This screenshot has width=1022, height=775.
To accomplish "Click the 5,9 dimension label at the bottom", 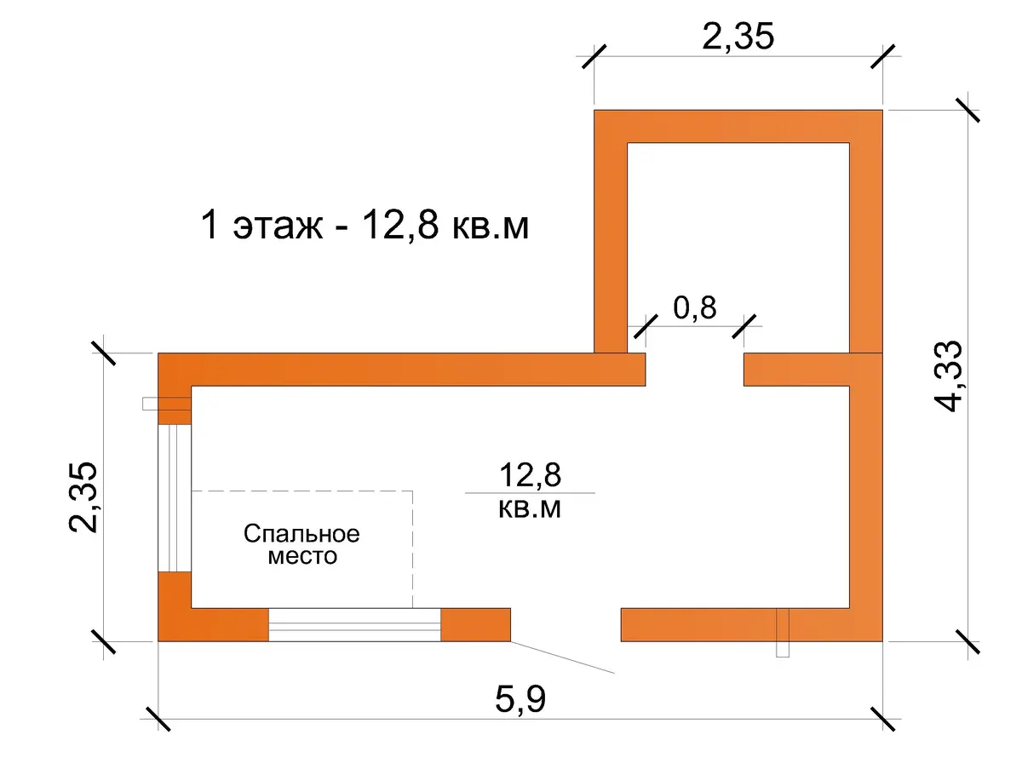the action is pos(520,699).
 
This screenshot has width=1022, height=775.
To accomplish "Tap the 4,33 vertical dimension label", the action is pos(948,376).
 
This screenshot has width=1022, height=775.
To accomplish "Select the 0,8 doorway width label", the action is pos(694,307).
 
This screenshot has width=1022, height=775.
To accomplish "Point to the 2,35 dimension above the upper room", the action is pos(738,36).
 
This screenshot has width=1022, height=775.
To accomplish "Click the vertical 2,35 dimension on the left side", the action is pos(83,497).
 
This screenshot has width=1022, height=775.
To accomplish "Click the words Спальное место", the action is pos(301,545).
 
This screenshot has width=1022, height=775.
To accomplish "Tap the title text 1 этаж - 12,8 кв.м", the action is pos(365,226).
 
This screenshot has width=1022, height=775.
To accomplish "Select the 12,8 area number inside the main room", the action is pos(530,474).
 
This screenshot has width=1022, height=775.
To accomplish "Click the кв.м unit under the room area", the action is pos(530,508).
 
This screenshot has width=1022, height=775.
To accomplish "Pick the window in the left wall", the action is pos(175,498).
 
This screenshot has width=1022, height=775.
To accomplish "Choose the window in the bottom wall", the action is pos(354,624).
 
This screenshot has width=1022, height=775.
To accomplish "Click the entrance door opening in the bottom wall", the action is pos(566,624).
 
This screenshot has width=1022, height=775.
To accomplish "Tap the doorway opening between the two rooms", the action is pos(694,370).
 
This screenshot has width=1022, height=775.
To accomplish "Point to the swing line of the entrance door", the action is pos(562,657).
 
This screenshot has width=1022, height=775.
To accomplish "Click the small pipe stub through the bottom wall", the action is pos(783,633).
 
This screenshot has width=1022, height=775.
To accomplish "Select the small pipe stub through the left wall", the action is pos(167,404).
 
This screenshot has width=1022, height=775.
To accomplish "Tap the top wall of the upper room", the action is pos(738,126).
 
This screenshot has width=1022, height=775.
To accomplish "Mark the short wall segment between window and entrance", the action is pos(475,624).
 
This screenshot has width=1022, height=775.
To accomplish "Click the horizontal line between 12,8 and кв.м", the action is pos(530,493).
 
